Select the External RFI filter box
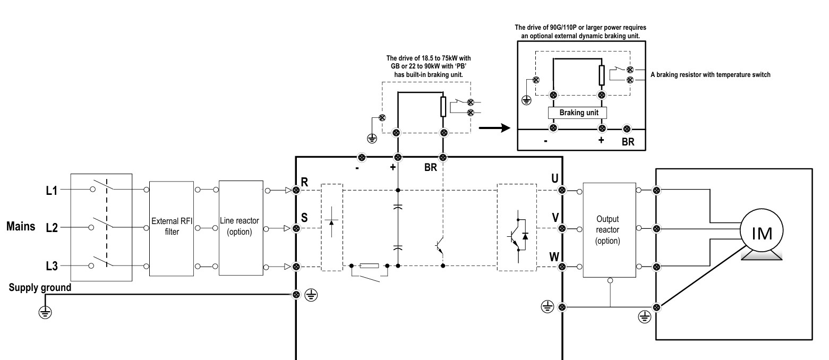(x=172, y=228)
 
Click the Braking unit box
(x=577, y=113)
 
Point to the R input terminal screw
(x=296, y=190)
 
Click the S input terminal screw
(x=296, y=228)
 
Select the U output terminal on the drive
(x=562, y=190)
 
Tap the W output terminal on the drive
(x=562, y=267)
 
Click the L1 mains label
(x=52, y=191)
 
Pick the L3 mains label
(x=52, y=266)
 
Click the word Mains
(x=21, y=226)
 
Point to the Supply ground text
(x=40, y=287)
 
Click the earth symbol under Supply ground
(x=45, y=313)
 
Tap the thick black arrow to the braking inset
(x=494, y=128)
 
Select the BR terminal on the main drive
(x=443, y=158)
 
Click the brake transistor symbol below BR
(x=439, y=246)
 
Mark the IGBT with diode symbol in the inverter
(x=518, y=236)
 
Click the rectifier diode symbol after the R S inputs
(x=331, y=222)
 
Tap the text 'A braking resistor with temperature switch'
(x=710, y=75)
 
